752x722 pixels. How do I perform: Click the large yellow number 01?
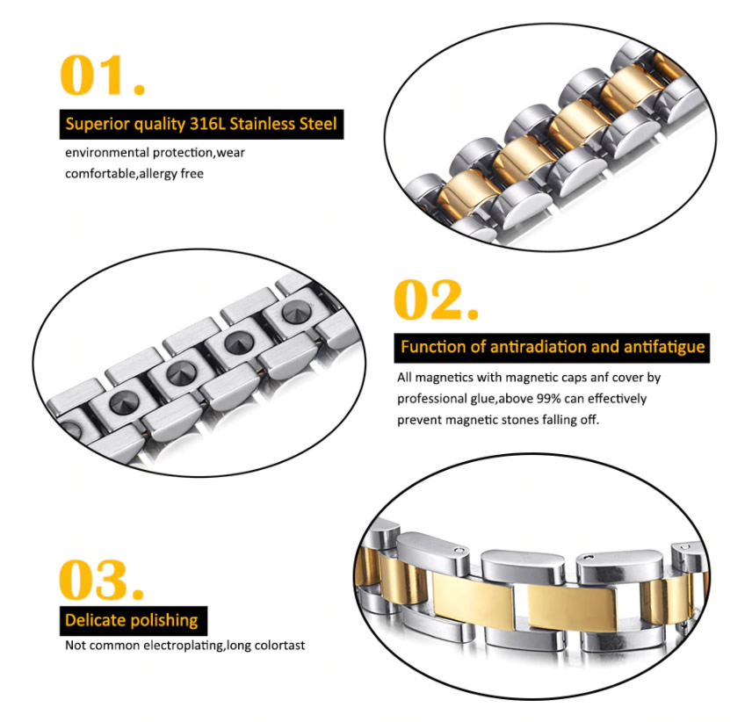102,75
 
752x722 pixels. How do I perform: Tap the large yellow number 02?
436,300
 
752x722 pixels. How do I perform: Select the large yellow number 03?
101,579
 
